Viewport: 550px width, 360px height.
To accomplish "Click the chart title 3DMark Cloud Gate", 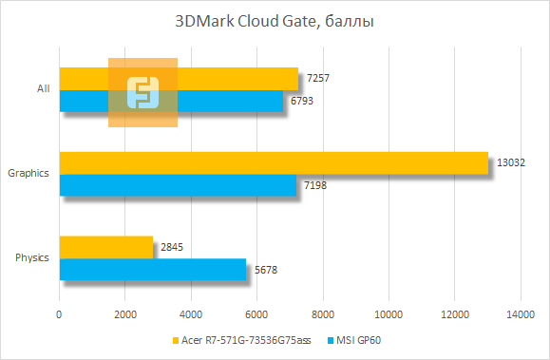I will (x=270, y=22).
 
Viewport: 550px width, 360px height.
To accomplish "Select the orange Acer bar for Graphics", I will (x=274, y=162).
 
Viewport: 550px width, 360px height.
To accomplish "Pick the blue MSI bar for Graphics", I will (x=178, y=184).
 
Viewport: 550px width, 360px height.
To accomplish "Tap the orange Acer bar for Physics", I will (x=106, y=247).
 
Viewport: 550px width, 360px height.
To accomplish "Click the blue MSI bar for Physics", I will (x=153, y=269).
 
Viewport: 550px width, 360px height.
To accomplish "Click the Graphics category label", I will (x=28, y=173).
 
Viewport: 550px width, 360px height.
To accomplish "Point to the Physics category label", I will (x=32, y=257).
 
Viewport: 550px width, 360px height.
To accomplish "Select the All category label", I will (x=43, y=88).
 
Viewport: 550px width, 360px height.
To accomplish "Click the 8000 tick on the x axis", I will (x=323, y=313).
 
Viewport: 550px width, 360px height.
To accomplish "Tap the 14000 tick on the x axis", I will (x=520, y=313).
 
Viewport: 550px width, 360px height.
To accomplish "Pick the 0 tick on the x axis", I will (x=60, y=313).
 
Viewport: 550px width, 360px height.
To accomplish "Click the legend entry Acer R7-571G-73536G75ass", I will (x=241, y=341).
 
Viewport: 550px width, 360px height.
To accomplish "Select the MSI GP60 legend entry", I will (x=360, y=341).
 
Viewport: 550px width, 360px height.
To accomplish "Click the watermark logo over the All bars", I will (x=142, y=92).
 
